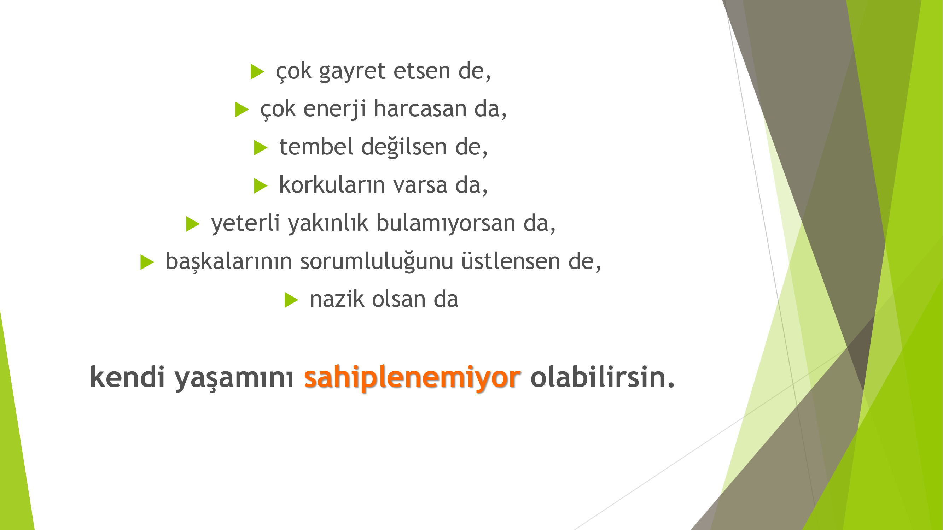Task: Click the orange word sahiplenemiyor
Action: (x=412, y=378)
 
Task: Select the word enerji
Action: (x=334, y=109)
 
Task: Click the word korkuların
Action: (x=332, y=185)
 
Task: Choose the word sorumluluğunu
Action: (x=377, y=262)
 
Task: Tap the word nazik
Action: (x=337, y=299)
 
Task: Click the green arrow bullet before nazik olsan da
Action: (x=291, y=300)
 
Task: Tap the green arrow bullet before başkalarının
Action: (x=147, y=262)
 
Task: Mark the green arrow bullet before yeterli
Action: (x=193, y=224)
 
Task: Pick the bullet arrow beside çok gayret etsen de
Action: (x=257, y=72)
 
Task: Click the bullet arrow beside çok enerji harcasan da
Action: (x=241, y=110)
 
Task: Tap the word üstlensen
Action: (x=510, y=261)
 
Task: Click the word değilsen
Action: (x=404, y=147)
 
